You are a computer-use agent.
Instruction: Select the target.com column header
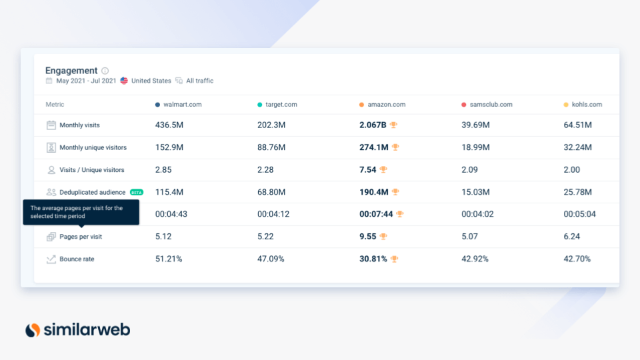281,105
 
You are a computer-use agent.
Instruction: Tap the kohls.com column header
586,105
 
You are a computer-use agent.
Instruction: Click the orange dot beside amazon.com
361,105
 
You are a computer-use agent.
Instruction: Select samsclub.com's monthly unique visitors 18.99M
475,147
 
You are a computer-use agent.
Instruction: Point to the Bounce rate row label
77,259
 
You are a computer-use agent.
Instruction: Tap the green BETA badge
137,192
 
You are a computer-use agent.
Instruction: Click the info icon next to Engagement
105,71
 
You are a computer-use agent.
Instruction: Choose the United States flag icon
124,81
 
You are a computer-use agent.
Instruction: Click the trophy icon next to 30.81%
394,259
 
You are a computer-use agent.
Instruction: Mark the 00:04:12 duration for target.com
273,214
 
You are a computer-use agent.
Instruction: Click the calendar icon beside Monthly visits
51,125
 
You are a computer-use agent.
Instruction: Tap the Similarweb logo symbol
33,329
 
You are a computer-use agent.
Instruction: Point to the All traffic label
199,81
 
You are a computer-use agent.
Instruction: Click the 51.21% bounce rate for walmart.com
168,259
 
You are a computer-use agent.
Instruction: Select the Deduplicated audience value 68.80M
271,192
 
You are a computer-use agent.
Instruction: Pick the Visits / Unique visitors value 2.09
470,170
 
